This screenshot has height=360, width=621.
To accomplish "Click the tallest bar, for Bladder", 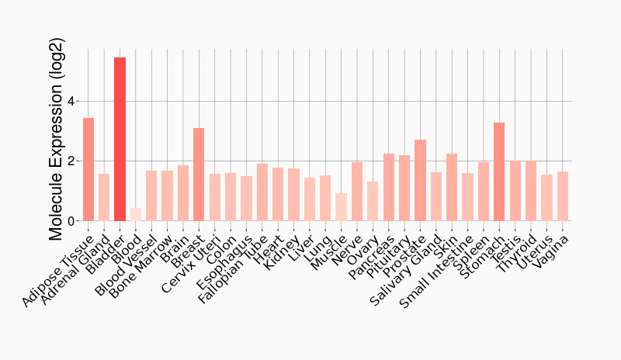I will (x=120, y=140).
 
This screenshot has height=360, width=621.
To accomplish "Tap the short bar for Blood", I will (x=136, y=214).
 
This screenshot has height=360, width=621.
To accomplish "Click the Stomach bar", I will (x=499, y=171).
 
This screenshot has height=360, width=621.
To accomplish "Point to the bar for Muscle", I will (x=341, y=207).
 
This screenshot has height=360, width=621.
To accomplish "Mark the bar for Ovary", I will (x=373, y=202).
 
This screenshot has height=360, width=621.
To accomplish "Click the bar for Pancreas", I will (x=389, y=187).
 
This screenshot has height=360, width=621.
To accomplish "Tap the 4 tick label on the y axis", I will (x=71, y=102).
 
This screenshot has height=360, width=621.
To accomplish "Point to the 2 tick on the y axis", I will (x=71, y=161).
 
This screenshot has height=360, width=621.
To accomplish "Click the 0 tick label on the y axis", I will (x=71, y=221).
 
